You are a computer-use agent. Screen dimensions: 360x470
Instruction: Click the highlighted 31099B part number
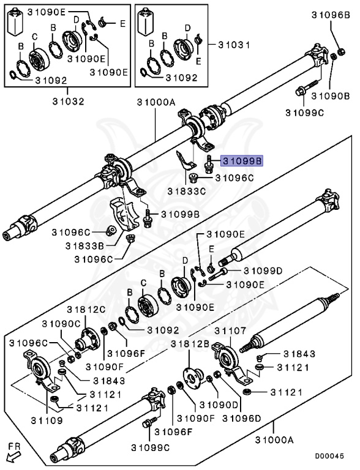[242, 161]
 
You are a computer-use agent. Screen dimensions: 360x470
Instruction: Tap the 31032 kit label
[69, 102]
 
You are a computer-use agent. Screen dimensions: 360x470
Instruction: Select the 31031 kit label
[234, 45]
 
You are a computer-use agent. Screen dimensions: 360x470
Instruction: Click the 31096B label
[331, 15]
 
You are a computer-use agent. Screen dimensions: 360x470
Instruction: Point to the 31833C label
[187, 191]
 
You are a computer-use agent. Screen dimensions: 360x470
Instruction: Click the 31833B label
[85, 246]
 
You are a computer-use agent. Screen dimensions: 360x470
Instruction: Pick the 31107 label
[230, 331]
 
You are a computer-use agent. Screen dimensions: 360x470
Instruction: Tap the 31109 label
[47, 420]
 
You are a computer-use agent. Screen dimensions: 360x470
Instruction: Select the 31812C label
[86, 309]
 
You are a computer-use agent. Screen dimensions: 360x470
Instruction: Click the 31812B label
[190, 344]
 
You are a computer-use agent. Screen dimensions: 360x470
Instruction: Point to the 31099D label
[263, 271]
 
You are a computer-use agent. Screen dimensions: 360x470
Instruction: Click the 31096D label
[242, 418]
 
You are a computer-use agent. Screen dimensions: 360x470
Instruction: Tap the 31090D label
[219, 405]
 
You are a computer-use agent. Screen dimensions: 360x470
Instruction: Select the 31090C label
[61, 324]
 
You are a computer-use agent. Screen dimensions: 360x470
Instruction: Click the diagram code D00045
[329, 456]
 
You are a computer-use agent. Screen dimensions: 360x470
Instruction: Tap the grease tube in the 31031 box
[145, 22]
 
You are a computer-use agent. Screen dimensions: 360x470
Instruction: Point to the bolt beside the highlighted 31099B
[208, 164]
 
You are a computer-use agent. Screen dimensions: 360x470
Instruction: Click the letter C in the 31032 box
[35, 37]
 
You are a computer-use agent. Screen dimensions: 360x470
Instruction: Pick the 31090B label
[331, 96]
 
